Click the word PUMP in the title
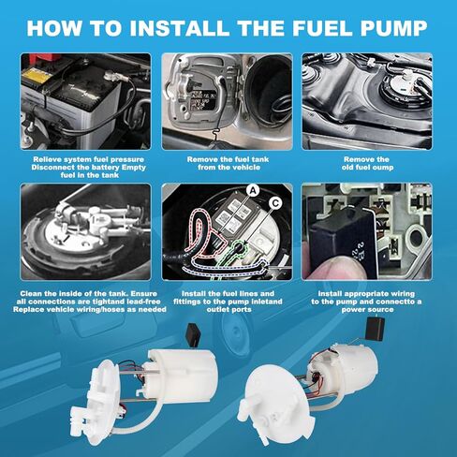(394, 28)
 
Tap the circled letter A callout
(253, 190)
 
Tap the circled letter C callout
(275, 203)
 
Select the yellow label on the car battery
(37, 76)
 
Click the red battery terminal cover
(45, 58)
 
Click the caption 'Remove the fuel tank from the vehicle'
(228, 163)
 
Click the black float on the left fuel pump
(193, 334)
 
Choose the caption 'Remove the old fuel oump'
(367, 163)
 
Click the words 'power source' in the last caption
(367, 310)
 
